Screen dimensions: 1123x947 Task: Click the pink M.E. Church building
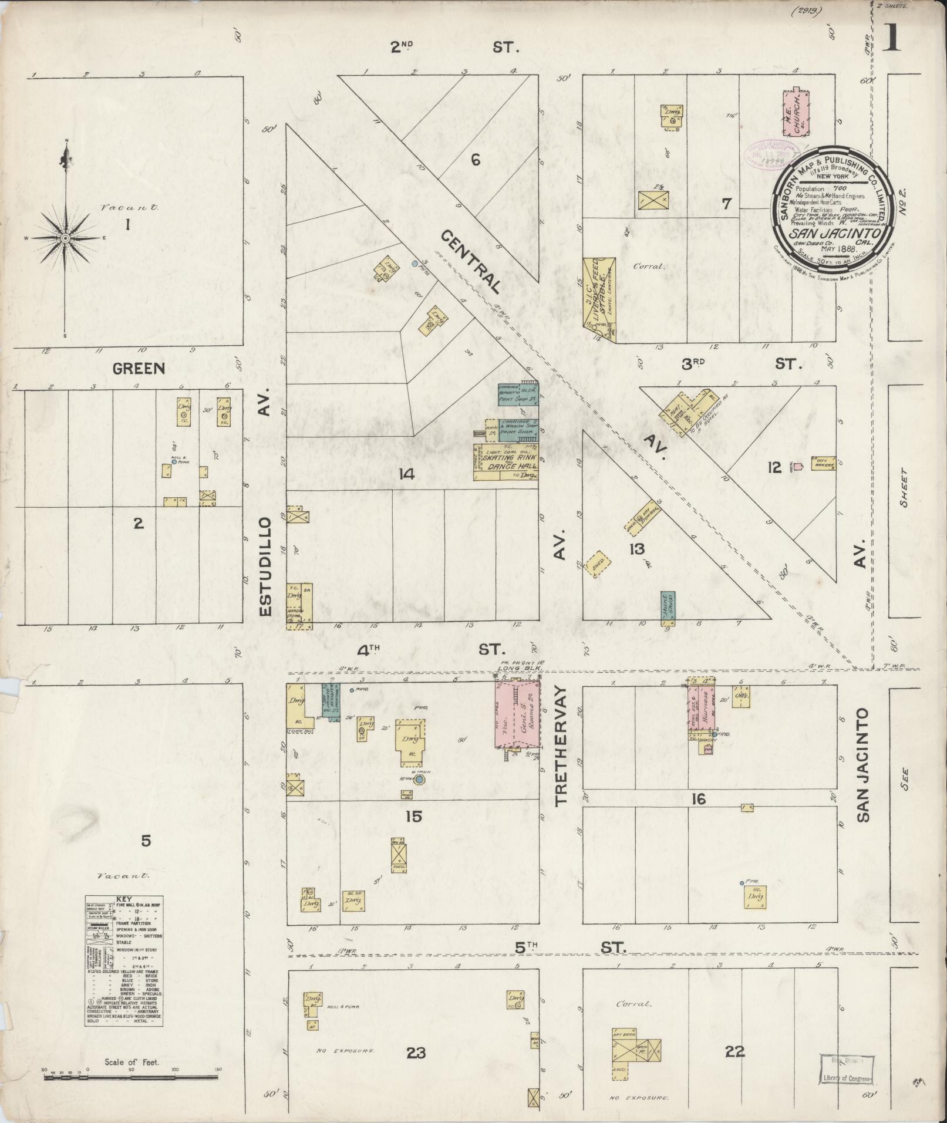(x=797, y=113)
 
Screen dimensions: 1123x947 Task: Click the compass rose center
(x=66, y=238)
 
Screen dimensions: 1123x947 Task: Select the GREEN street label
(x=139, y=369)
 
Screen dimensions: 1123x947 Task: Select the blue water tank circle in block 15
(x=419, y=780)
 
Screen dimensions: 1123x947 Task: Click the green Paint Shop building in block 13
(x=668, y=607)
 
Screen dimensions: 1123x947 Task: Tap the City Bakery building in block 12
(x=820, y=463)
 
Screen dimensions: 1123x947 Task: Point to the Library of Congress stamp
(x=845, y=1069)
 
